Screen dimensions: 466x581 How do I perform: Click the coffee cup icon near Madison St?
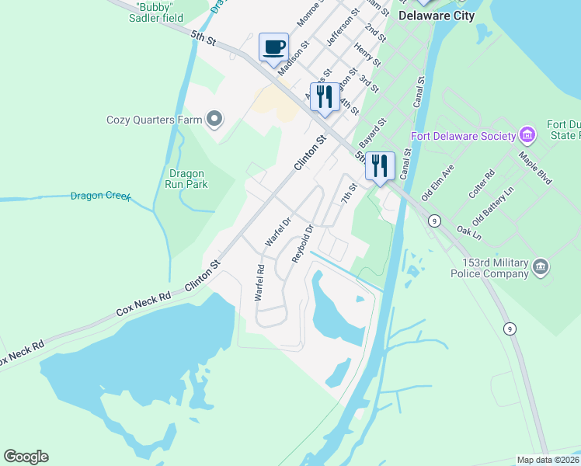tap(273, 47)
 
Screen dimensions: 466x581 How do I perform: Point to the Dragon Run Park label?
tap(186, 179)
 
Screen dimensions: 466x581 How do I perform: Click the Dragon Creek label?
tap(100, 196)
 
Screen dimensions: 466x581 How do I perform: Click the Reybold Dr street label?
tap(302, 243)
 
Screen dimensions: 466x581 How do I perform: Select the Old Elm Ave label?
tap(437, 185)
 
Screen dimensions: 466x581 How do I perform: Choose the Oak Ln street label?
tap(469, 231)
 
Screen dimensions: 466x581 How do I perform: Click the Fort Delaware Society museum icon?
tap(527, 135)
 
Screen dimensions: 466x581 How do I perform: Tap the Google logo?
tap(26, 457)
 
